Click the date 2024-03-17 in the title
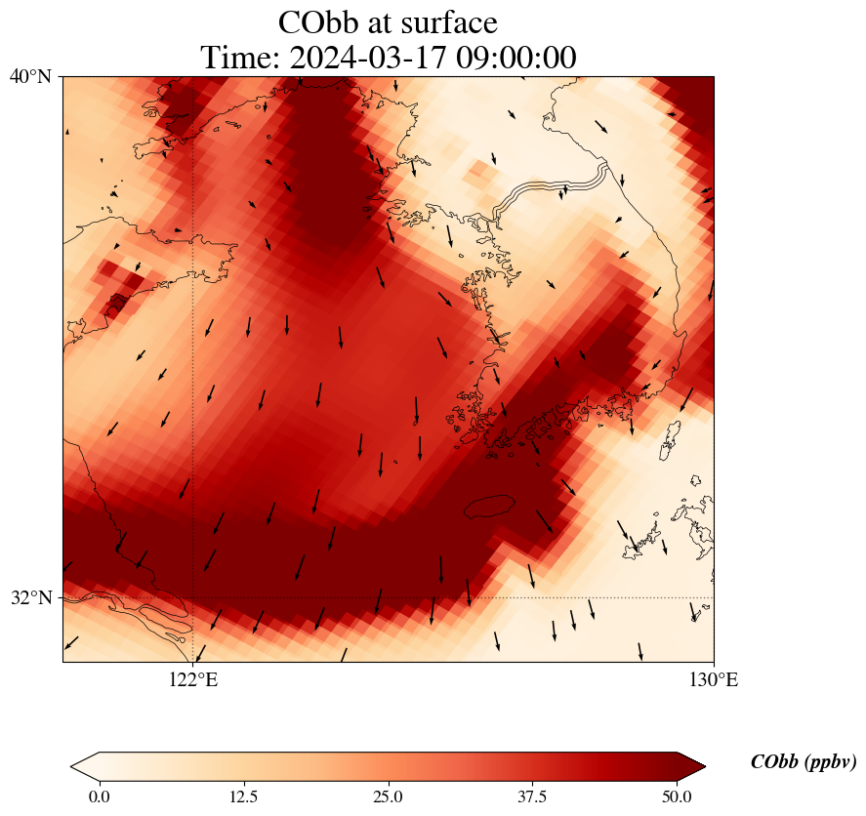(x=366, y=58)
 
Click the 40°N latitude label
(x=30, y=76)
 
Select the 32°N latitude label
(x=30, y=597)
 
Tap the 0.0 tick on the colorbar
(x=99, y=796)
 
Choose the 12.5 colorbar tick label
(x=243, y=796)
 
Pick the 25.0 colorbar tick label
(x=388, y=796)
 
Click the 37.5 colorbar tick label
(x=532, y=796)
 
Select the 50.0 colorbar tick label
(x=677, y=796)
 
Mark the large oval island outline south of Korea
(x=489, y=506)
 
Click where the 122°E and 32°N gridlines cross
(x=192, y=597)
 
